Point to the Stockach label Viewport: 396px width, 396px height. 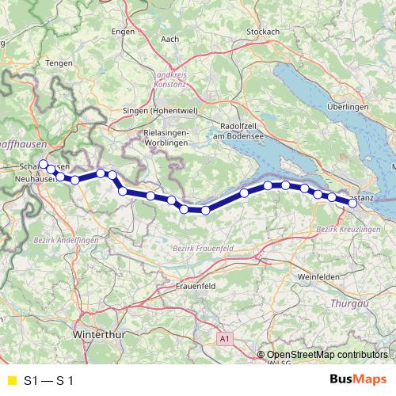tap(263, 31)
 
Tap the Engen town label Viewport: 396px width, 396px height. tap(124, 32)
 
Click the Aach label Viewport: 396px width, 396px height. tap(169, 38)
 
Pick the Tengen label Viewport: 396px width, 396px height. tap(59, 63)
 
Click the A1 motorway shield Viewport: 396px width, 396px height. tap(225, 338)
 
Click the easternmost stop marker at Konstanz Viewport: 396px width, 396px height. tap(352, 204)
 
